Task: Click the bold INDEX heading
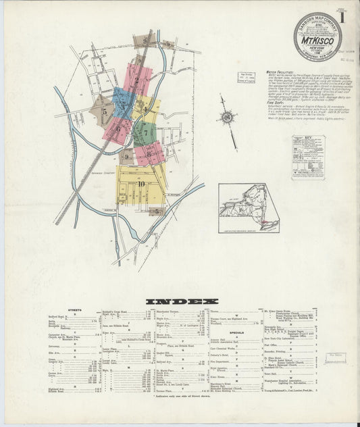click(x=180, y=301)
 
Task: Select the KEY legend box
click(x=307, y=157)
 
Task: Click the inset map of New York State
click(x=249, y=208)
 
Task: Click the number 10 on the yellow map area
click(x=140, y=183)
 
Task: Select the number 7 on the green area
click(x=146, y=133)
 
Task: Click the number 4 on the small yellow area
click(x=144, y=109)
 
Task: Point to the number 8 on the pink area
click(x=147, y=155)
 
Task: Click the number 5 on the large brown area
click(x=104, y=112)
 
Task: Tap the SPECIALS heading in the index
click(x=237, y=332)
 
